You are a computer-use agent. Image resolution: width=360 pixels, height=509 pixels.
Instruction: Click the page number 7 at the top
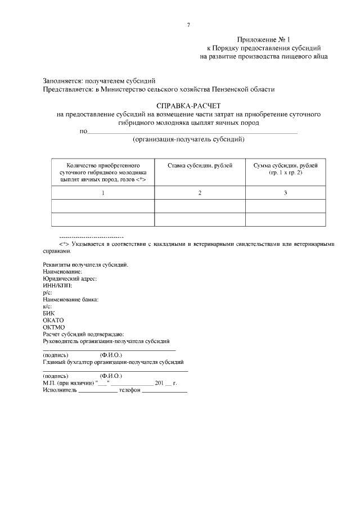coord(188,25)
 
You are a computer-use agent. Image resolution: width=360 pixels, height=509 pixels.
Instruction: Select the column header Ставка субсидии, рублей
coord(199,165)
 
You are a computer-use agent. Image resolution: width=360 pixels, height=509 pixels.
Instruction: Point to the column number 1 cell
coord(103,193)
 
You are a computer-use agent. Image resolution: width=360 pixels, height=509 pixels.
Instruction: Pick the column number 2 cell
coord(199,193)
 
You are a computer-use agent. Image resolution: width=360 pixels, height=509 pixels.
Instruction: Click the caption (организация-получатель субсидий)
coord(188,139)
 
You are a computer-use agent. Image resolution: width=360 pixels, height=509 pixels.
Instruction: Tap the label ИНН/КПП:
coord(57,285)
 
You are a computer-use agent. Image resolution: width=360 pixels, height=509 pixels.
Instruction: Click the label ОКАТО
coord(53,320)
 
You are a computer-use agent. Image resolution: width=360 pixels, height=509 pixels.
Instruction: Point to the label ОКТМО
coord(54,327)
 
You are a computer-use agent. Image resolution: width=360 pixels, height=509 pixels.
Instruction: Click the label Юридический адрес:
coord(70,278)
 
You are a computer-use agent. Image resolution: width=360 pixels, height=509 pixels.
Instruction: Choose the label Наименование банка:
coord(71,299)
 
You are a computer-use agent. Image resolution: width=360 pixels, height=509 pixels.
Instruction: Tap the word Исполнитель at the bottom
coord(59,390)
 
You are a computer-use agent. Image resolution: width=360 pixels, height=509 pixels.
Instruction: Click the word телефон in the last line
coord(129,390)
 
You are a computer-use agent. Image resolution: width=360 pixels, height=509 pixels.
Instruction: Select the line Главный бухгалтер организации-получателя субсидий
coord(113,362)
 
